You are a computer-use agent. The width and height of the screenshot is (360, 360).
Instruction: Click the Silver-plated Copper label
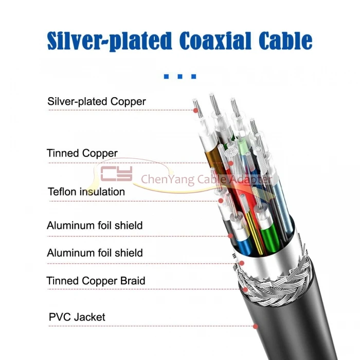tap(97, 101)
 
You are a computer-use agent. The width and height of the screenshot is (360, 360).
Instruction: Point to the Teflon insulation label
tap(86, 192)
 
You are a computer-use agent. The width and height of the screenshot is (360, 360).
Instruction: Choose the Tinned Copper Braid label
tap(96, 281)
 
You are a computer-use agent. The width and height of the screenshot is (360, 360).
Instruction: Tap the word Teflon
tap(63, 192)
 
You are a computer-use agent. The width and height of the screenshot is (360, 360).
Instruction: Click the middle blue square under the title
tap(180, 77)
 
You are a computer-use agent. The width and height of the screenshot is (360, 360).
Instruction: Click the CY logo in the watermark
tap(117, 175)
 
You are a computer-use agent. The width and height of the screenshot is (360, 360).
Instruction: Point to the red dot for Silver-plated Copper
tap(196, 110)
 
